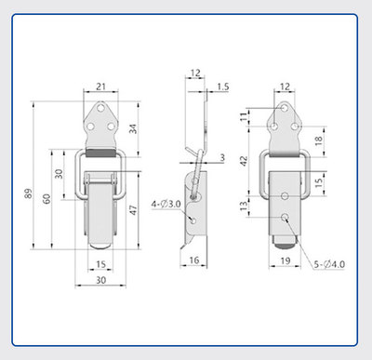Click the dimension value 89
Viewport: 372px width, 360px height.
tap(28, 193)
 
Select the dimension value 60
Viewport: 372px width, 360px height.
tap(46, 199)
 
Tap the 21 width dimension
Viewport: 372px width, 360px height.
tap(100, 87)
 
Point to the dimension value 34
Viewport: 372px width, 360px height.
tap(133, 128)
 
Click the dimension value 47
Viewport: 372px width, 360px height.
tap(133, 210)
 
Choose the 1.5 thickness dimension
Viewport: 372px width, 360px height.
tap(222, 87)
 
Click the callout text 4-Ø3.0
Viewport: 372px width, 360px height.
tap(166, 205)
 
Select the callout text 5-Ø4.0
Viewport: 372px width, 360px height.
tap(329, 264)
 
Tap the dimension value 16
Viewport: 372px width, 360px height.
tap(194, 260)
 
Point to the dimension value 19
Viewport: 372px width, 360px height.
tap(286, 260)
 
